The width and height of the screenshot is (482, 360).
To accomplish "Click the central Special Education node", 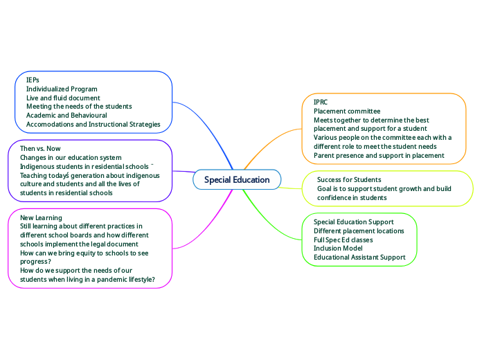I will [x=237, y=180].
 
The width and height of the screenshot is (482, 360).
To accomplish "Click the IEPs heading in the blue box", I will [x=33, y=80].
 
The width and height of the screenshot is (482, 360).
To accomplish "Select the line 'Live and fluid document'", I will [x=63, y=98].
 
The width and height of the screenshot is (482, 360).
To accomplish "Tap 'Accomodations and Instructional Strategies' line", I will [x=93, y=125].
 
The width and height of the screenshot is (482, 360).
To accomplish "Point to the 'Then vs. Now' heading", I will [x=40, y=149].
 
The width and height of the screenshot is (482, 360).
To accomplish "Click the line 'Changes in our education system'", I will [x=71, y=158].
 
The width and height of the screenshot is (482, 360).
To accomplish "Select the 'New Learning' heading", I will [x=41, y=217].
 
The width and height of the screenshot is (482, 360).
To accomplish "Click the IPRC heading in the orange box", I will [x=321, y=102].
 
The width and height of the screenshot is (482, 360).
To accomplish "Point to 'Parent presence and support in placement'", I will [x=379, y=156].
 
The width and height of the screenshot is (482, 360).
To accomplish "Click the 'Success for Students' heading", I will [x=349, y=180].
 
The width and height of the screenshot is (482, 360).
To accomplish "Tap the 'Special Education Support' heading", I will [x=354, y=222].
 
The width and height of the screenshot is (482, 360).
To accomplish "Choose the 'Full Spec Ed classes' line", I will [x=343, y=240].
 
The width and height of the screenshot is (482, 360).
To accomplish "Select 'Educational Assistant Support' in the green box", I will [x=359, y=258].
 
